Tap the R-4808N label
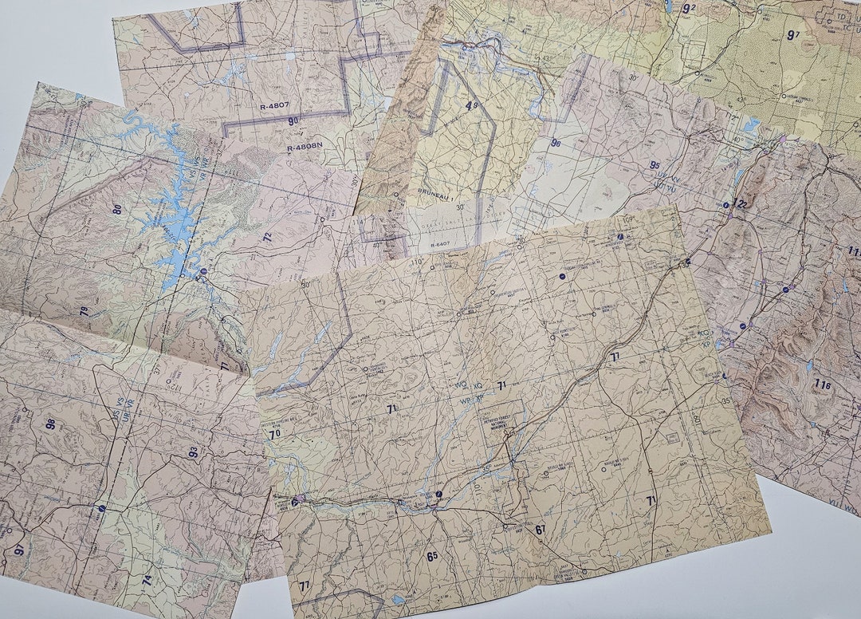coord(305,146)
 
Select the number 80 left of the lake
coord(117,210)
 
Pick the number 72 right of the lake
coord(268,237)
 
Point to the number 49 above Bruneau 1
coord(471,104)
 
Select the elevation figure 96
coord(556,144)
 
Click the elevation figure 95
coord(655,165)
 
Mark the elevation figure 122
coord(742,204)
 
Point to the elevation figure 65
coord(432,556)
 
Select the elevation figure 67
coord(541,530)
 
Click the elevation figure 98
coord(51,424)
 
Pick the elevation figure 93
coord(193,452)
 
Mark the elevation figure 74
coord(147,579)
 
